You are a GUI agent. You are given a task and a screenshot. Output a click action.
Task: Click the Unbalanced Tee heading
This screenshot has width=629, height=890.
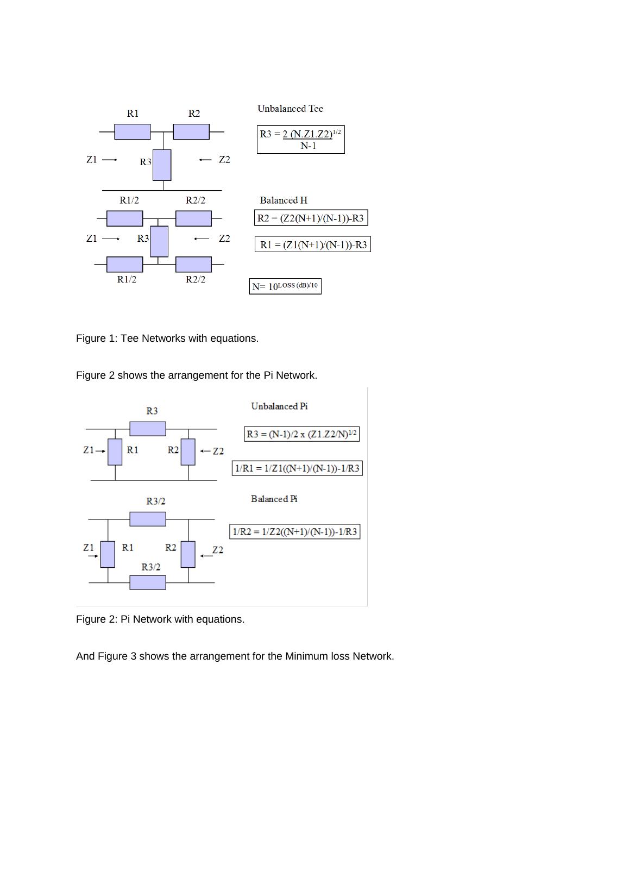(x=290, y=109)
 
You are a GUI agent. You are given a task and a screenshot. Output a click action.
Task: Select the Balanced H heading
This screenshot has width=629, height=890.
(x=283, y=200)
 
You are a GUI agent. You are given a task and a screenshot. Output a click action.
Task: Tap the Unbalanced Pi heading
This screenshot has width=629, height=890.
(x=279, y=406)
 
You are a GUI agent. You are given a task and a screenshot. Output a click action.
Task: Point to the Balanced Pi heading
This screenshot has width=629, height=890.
(x=274, y=499)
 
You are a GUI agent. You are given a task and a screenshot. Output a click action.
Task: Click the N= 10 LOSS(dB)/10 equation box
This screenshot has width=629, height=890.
(x=285, y=286)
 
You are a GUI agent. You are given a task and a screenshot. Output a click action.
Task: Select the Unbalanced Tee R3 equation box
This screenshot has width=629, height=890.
(x=300, y=140)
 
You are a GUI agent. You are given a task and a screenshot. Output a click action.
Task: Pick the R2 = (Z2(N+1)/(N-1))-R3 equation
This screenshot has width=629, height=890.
(x=311, y=218)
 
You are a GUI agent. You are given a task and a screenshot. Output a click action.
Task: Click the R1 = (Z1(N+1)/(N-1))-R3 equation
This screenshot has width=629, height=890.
(x=313, y=245)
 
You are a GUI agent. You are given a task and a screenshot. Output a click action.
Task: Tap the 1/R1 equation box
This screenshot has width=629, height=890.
(x=297, y=468)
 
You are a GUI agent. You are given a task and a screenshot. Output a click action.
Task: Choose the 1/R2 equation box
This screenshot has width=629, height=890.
(x=295, y=532)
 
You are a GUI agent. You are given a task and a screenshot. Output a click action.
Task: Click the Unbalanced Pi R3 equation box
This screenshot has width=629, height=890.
(x=301, y=434)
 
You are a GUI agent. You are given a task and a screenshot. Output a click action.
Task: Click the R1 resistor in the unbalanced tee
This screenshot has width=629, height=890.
(x=133, y=131)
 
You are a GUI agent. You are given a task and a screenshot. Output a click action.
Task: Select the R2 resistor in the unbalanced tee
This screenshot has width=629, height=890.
(x=191, y=131)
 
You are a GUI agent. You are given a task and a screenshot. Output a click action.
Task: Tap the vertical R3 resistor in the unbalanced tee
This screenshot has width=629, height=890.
(x=162, y=165)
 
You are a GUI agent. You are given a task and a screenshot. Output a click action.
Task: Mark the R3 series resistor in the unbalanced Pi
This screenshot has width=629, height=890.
(x=148, y=429)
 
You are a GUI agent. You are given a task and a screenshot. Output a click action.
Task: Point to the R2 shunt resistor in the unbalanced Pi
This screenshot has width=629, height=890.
(x=188, y=452)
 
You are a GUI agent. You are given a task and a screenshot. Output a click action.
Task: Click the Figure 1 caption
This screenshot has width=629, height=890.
(x=167, y=339)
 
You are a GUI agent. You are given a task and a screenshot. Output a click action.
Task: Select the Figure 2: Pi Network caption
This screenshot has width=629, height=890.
(x=160, y=619)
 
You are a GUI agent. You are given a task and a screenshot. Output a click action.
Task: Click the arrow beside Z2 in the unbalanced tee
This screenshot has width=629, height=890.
(x=205, y=160)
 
